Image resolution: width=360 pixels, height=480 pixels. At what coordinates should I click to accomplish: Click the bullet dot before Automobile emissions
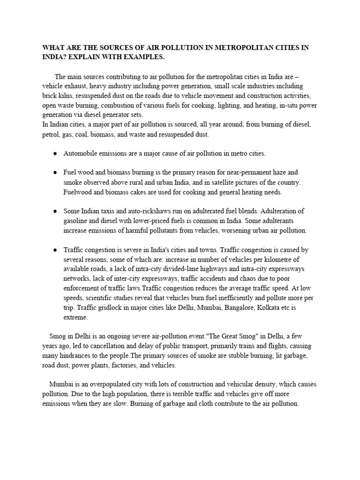tap(55, 154)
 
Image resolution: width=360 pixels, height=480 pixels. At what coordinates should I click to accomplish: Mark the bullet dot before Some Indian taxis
tap(55, 211)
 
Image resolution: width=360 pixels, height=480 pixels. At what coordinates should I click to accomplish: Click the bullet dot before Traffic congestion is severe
tap(55, 250)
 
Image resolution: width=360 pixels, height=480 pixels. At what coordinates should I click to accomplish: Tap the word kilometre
tap(272, 260)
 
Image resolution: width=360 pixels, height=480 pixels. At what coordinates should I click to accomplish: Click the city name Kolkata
tap(278, 308)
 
